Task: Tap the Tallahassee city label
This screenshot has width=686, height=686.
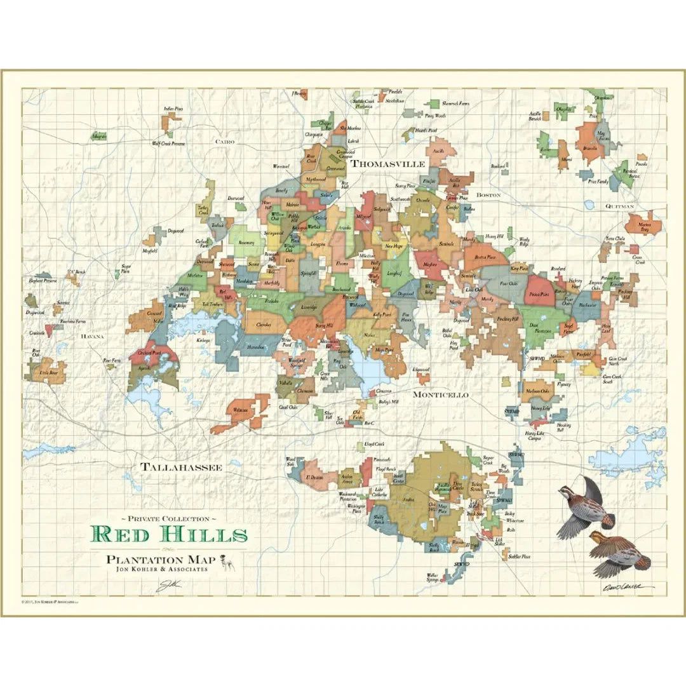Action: [182, 467]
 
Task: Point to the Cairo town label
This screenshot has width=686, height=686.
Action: [225, 142]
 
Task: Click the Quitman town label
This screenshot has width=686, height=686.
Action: [619, 206]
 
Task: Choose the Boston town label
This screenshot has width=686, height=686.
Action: [488, 194]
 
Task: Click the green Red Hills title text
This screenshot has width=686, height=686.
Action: [168, 534]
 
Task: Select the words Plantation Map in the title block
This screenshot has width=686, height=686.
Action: [161, 560]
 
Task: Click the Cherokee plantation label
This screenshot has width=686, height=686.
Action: [263, 325]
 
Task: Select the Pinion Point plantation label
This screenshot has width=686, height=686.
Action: [537, 294]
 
